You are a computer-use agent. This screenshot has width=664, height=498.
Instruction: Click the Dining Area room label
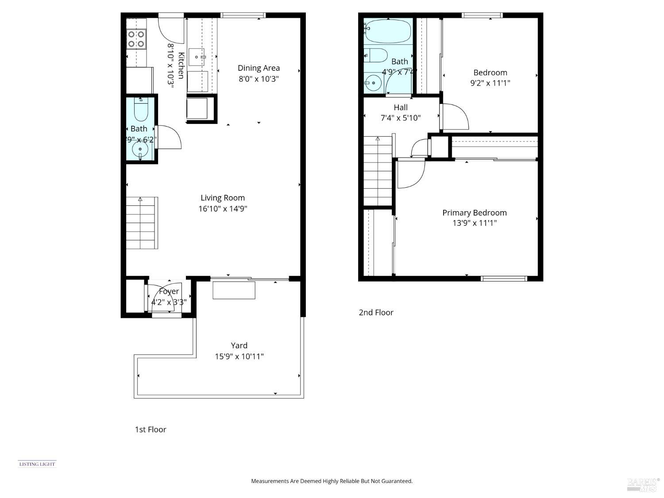coord(259,68)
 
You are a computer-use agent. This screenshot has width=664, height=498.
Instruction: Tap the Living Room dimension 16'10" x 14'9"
coord(222,208)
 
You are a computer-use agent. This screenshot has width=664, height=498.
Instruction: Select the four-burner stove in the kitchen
coord(136,39)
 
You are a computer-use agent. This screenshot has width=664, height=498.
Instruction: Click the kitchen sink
coord(197,57)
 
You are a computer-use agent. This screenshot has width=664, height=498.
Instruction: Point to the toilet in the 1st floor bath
coord(141,110)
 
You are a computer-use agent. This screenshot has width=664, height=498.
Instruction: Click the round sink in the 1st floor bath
coord(140,149)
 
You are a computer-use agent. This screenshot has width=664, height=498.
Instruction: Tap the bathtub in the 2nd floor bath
coord(388,31)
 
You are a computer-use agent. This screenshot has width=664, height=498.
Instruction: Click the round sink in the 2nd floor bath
coord(374,82)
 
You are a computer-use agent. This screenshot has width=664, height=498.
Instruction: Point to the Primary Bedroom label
coord(474,212)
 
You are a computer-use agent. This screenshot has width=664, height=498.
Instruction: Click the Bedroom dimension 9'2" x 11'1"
coord(490,83)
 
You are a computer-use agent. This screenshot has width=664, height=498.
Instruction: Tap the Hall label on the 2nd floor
coord(401,107)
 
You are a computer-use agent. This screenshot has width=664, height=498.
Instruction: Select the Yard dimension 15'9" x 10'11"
coord(239,356)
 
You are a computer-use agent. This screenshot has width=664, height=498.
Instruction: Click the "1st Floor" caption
coord(151,429)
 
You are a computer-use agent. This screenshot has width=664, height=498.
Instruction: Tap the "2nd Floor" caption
coord(376,313)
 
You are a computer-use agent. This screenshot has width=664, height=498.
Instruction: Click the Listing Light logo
coord(37,464)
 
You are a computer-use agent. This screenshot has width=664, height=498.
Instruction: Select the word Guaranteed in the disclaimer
coord(398,481)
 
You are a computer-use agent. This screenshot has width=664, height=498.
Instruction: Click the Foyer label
coord(169,291)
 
